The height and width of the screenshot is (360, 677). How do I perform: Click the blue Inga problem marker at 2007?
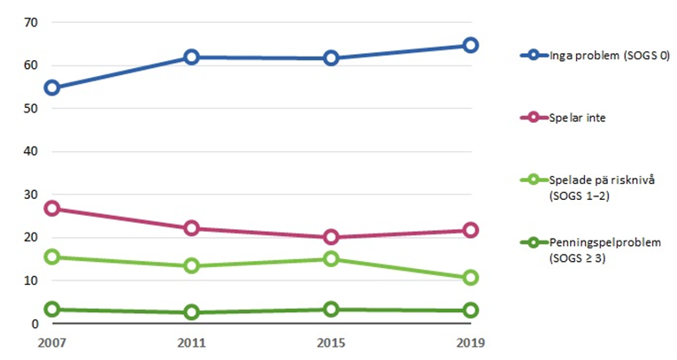[x=51, y=88]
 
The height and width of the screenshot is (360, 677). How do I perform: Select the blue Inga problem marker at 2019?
[x=470, y=45]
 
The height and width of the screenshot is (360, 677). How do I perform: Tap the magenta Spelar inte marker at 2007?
[x=51, y=209]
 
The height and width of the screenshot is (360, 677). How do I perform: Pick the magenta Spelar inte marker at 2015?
[x=331, y=237]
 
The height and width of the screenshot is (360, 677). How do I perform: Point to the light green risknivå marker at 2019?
[x=470, y=278]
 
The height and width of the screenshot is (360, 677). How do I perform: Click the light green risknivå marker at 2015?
[x=331, y=259]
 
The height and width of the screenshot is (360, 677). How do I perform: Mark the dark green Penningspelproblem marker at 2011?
[x=191, y=312]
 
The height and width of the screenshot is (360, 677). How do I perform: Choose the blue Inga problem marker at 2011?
[x=191, y=57]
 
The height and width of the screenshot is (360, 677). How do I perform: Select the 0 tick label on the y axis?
[x=34, y=324]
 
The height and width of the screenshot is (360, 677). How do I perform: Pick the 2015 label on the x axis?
[x=331, y=342]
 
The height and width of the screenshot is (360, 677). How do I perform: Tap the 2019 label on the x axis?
[x=470, y=342]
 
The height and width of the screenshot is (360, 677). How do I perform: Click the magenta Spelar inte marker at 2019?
[x=470, y=230]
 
